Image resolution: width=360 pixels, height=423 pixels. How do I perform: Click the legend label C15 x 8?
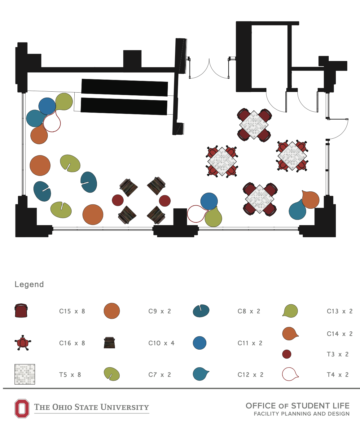click(72, 311)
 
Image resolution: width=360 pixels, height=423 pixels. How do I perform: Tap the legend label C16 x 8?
click(72, 343)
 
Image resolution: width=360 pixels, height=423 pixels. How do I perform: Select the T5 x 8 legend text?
click(70, 375)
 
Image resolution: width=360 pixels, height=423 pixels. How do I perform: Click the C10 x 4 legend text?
click(161, 343)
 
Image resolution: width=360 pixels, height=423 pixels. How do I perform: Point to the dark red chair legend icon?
click(21, 311)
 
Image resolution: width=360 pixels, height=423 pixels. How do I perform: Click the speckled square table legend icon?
click(25, 374)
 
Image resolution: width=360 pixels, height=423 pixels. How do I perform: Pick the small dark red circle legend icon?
click(287, 354)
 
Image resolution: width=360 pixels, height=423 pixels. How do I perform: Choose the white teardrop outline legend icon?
click(290, 374)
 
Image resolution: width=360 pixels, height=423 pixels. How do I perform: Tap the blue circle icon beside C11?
click(200, 343)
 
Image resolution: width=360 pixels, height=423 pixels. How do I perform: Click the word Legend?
click(29, 284)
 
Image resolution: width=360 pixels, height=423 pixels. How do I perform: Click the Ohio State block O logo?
click(22, 408)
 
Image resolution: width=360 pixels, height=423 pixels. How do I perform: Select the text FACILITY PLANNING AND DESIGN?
click(301, 414)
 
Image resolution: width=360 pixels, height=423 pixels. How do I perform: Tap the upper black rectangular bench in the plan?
click(125, 87)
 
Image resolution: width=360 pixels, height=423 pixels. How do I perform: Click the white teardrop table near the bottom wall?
click(195, 214)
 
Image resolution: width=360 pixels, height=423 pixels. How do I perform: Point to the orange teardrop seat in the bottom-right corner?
click(310, 200)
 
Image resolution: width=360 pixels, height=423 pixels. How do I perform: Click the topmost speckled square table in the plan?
click(254, 125)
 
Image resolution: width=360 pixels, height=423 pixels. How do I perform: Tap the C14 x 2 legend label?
click(340, 334)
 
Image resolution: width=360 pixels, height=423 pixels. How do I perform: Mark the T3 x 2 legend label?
click(337, 354)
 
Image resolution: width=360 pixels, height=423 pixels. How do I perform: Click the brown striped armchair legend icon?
click(109, 343)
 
